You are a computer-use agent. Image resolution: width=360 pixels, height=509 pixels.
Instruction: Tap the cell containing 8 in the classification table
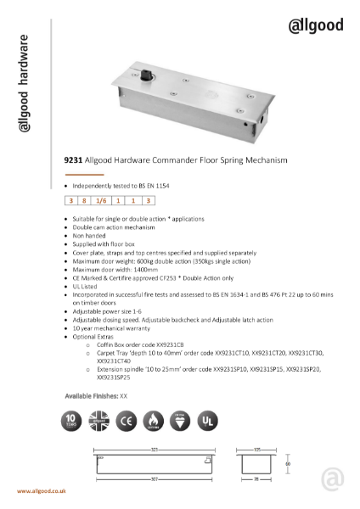coord(84,201)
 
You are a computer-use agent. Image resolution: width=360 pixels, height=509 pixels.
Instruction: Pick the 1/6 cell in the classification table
coord(101,201)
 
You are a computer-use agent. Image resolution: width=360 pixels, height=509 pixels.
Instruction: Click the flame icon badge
coord(152,421)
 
